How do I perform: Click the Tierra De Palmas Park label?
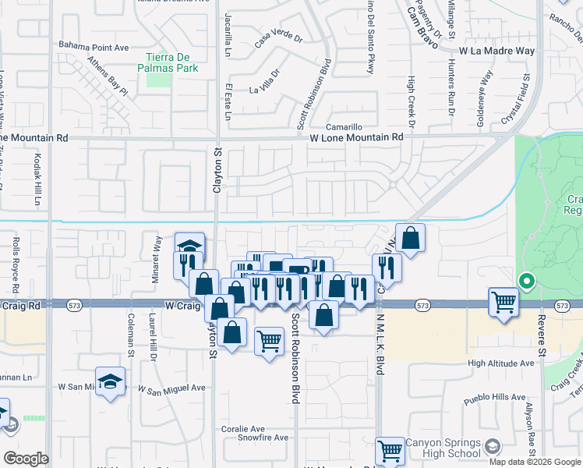tap(171, 62)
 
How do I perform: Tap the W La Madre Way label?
tap(496, 51)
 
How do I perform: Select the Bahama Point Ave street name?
tap(94, 47)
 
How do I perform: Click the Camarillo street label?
tap(344, 126)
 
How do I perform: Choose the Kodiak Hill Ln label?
tap(37, 179)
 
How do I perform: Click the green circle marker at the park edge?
tap(526, 282)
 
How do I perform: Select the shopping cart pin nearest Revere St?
tap(503, 301)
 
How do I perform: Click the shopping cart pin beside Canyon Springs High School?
tap(390, 450)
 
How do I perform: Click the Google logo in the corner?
tap(26, 459)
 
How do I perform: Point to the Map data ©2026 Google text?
tap(534, 462)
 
